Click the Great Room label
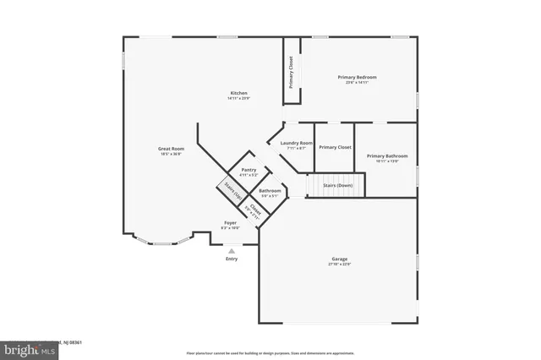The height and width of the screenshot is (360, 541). point(171,149)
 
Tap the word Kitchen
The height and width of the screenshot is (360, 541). point(240,93)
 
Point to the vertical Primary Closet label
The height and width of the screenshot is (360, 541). point(291,72)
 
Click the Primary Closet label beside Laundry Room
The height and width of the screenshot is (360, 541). point(335,147)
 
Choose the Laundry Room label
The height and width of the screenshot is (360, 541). point(296,143)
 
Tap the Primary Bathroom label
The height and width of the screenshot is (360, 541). point(387,155)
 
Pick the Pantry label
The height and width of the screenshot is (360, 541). point(249,170)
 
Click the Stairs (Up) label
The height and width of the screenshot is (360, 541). point(228,190)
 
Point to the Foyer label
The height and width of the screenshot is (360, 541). point(230,223)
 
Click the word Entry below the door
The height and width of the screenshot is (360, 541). point(232,259)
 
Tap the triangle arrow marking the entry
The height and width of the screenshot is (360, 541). point(232,249)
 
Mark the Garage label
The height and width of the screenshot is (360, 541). point(340,259)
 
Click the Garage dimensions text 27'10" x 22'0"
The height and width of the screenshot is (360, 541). point(340,265)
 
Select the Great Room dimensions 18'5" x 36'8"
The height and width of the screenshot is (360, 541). point(171,155)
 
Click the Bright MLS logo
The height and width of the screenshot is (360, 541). point(19,348)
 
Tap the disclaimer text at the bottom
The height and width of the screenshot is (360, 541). point(270,352)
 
